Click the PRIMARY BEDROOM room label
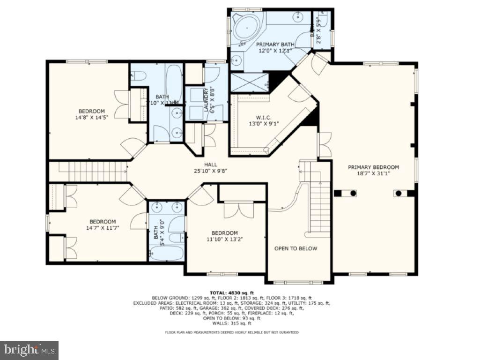click(x=373, y=167)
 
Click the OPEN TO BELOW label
click(x=295, y=248)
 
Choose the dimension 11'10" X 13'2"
click(x=224, y=239)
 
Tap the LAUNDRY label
click(x=206, y=99)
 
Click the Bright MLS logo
click(x=29, y=350)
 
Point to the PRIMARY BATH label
click(x=275, y=45)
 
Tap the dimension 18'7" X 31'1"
click(x=373, y=173)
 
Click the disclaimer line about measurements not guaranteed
click(x=231, y=332)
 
